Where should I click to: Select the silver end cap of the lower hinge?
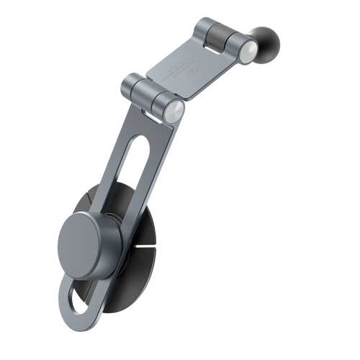click(174, 112)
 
